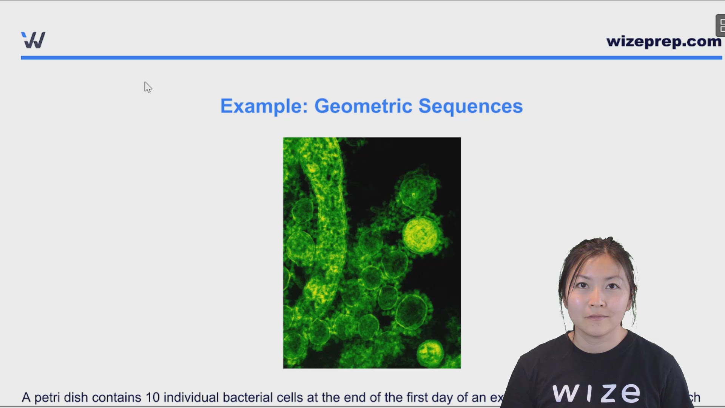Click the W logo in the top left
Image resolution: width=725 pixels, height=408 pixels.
[x=33, y=40]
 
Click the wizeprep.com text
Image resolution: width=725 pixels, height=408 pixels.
[x=663, y=41]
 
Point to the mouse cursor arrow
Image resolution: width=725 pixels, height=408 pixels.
[x=147, y=87]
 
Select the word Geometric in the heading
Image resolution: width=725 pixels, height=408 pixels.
[x=363, y=106]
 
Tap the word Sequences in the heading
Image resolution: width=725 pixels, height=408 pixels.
[x=470, y=106]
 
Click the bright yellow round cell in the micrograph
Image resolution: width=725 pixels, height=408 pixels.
[x=421, y=235]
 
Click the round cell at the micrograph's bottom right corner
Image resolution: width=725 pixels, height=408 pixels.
[x=430, y=353]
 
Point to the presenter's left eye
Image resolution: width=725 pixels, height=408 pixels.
[x=612, y=286]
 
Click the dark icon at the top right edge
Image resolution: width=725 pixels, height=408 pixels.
[x=720, y=26]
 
